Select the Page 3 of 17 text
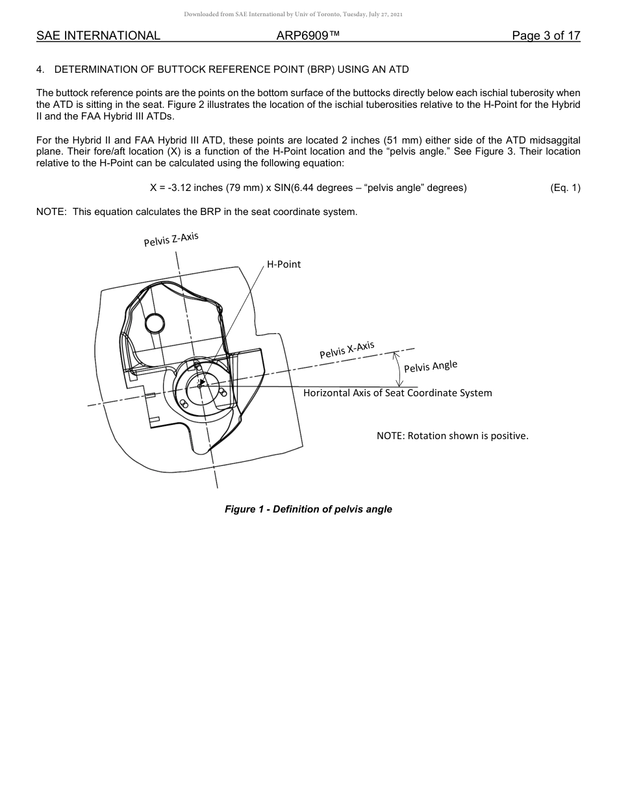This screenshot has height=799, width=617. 546,36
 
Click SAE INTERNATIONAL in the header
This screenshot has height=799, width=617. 98,36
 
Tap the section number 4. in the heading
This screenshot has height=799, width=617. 40,70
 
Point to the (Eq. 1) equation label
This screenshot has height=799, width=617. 564,188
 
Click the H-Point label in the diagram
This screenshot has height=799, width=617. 284,265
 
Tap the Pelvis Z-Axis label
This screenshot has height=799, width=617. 171,240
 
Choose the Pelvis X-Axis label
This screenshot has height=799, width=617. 347,350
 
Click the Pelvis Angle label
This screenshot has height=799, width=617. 431,366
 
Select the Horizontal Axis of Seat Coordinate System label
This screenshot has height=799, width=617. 397,393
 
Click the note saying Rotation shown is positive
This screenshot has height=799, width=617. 453,436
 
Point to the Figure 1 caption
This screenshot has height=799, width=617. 308,509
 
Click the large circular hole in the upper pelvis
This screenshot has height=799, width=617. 155,322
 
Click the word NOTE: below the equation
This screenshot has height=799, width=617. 51,212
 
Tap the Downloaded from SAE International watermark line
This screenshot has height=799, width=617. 293,14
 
